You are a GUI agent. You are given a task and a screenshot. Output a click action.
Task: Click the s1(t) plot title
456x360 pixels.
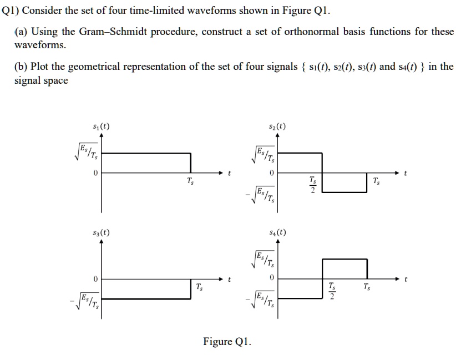pos(101,126)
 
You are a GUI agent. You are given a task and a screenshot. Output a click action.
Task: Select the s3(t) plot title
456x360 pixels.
pos(101,232)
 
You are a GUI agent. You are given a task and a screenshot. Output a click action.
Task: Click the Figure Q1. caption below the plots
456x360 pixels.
pos(227,341)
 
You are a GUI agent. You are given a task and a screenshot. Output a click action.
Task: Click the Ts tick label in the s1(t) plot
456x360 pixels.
pos(191,181)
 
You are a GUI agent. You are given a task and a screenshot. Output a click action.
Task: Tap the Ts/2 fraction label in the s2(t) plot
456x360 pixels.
pos(313,185)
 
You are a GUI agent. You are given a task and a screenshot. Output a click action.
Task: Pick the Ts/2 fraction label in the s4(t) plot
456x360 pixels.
pos(332,291)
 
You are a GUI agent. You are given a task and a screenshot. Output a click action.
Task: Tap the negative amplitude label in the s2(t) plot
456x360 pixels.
pos(262,195)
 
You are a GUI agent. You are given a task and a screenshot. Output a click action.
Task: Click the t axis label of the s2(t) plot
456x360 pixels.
pos(406,173)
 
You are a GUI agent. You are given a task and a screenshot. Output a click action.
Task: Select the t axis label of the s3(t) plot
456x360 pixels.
pos(229,279)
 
